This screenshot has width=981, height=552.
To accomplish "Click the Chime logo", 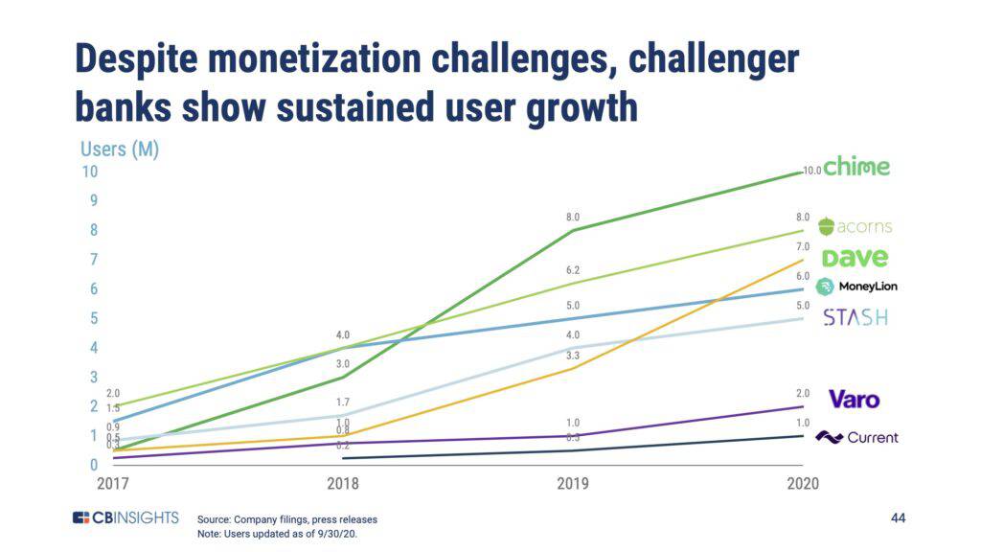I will pyautogui.click(x=856, y=167).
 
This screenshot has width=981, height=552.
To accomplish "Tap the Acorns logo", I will pyautogui.click(x=855, y=227).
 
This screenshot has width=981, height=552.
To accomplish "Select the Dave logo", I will pyautogui.click(x=855, y=257).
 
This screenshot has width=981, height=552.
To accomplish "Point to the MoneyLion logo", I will pyautogui.click(x=856, y=287).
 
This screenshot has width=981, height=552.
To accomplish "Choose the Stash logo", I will pyautogui.click(x=855, y=317).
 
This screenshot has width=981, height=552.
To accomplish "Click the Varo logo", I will pyautogui.click(x=854, y=399).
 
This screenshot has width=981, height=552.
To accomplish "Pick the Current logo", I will pyautogui.click(x=856, y=438).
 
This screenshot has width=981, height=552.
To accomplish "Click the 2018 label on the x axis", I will pyautogui.click(x=343, y=484).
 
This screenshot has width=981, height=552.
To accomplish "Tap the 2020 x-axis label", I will pyautogui.click(x=803, y=484).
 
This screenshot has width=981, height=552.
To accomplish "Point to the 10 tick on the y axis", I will pyautogui.click(x=89, y=172).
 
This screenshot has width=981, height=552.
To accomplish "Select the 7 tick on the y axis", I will pyautogui.click(x=93, y=260).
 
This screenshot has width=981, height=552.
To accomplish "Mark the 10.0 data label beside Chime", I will pyautogui.click(x=811, y=171).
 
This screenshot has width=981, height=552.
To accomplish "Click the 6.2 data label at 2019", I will pyautogui.click(x=573, y=271).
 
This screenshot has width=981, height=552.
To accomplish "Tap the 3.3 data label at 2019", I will pyautogui.click(x=573, y=356).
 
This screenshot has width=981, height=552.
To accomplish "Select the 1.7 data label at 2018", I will pyautogui.click(x=343, y=402).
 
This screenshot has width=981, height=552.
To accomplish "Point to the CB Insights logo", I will pyautogui.click(x=125, y=518).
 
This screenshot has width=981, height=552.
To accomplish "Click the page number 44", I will pyautogui.click(x=898, y=518).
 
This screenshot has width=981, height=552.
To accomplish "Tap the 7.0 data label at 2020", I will pyautogui.click(x=803, y=247).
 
